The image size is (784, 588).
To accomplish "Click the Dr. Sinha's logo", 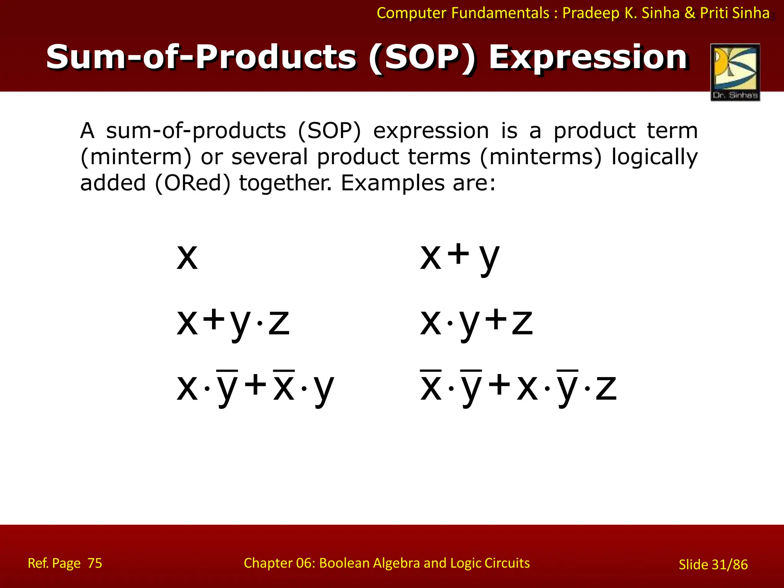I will (x=735, y=72).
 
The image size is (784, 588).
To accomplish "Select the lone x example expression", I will (x=187, y=257).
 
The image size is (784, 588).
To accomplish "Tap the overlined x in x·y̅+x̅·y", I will (x=284, y=387).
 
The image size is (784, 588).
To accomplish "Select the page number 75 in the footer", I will (x=95, y=563).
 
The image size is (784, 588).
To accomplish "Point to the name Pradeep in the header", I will (x=591, y=13).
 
